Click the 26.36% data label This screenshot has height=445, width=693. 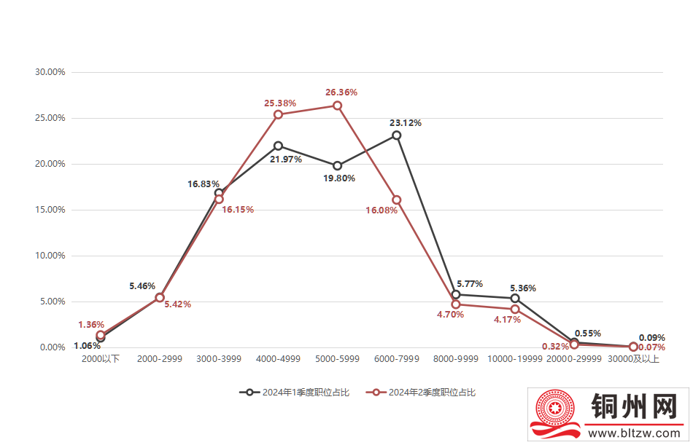[x=341, y=92]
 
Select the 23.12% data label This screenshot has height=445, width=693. [x=406, y=123]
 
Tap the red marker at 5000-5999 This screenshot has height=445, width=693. [x=337, y=106]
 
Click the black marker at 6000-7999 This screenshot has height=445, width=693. [x=396, y=135]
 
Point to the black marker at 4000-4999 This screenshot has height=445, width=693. [x=278, y=146]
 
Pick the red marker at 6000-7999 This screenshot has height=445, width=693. [x=396, y=200]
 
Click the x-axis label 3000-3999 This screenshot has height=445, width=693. [x=219, y=359]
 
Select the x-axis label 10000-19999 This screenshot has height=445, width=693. [x=514, y=359]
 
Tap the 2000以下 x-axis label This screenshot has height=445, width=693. [x=101, y=359]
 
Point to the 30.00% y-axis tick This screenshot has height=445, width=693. [x=50, y=72]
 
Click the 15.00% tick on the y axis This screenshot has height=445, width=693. [x=50, y=210]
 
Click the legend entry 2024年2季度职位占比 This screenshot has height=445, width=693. [x=423, y=393]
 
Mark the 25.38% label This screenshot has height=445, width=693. [x=280, y=103]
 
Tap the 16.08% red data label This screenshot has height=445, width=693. [x=382, y=210]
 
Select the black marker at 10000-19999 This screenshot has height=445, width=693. [x=515, y=299]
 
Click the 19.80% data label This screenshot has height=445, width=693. [x=339, y=177]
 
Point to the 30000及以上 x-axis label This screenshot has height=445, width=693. [x=633, y=359]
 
